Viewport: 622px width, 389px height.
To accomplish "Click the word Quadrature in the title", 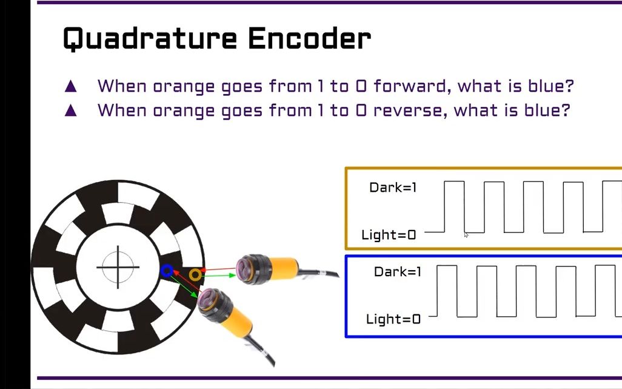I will (149, 39).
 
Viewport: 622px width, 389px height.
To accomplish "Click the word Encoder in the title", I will (309, 39).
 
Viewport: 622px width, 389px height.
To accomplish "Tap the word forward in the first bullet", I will (412, 86).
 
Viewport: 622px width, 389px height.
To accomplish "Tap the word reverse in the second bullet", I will (410, 110).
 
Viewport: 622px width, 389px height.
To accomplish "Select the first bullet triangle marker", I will (71, 86).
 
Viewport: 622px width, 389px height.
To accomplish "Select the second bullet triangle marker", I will (71, 110).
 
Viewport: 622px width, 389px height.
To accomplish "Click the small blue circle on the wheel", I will (167, 271).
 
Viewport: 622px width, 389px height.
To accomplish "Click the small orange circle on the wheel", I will (195, 275).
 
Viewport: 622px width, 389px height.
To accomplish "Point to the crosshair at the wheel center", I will (118, 267).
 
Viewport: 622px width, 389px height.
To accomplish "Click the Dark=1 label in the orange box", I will (393, 188).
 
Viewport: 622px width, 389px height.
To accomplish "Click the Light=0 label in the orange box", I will (389, 235).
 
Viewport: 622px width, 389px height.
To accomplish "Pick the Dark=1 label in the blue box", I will (397, 272).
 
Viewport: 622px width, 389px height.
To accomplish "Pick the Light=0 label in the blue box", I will (393, 319).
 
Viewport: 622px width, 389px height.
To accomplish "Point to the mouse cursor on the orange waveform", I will (466, 235).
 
